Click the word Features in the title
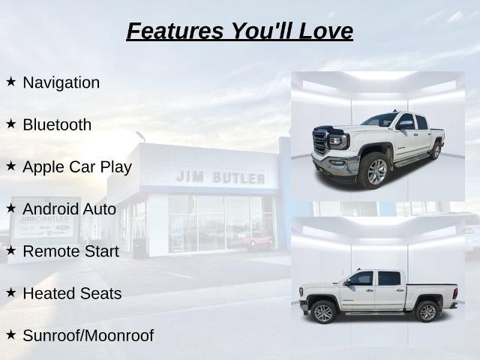(175, 31)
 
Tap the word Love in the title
(325, 31)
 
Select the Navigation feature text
(61, 82)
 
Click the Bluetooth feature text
(57, 124)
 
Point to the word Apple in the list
(43, 167)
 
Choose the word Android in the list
(50, 209)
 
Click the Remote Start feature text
(71, 251)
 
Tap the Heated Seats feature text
(72, 293)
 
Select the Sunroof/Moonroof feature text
(88, 335)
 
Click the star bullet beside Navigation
(10, 82)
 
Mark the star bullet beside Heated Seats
(10, 292)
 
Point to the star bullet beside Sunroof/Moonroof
(10, 335)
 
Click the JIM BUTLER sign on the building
(220, 177)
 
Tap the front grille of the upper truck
(320, 142)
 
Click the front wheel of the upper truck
(375, 171)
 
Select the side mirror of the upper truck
(405, 124)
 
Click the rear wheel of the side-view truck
(427, 312)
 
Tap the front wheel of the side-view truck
(323, 312)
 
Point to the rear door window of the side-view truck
(389, 278)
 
